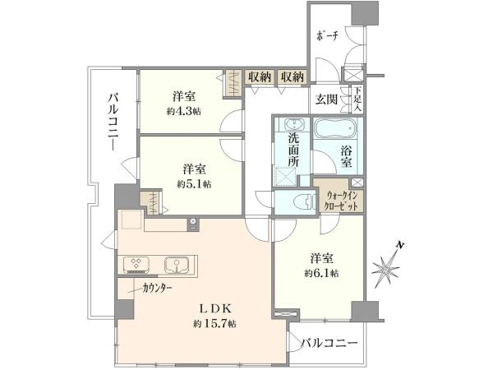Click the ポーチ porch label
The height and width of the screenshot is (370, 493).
pos(328,36)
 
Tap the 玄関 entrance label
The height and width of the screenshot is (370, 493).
pos(326,99)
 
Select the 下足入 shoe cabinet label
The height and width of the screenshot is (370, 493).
pos(357,99)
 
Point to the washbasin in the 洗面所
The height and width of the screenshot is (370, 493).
pos(294,125)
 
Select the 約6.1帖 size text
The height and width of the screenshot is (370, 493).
pos(321,274)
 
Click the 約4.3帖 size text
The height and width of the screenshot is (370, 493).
pos(184,111)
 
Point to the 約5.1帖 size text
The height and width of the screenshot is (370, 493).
pos(194,184)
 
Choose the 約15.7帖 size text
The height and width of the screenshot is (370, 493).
pos(215,323)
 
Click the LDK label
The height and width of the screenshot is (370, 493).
pos(216,308)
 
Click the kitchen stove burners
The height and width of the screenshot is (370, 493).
pos(136,264)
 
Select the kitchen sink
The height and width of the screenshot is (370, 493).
pos(177,264)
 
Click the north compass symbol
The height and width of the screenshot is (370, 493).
pos(387,266)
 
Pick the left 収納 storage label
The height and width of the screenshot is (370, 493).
pos(260,76)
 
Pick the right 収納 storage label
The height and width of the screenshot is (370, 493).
pos(293,76)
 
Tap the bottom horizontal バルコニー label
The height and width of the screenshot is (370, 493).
pos(329,343)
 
